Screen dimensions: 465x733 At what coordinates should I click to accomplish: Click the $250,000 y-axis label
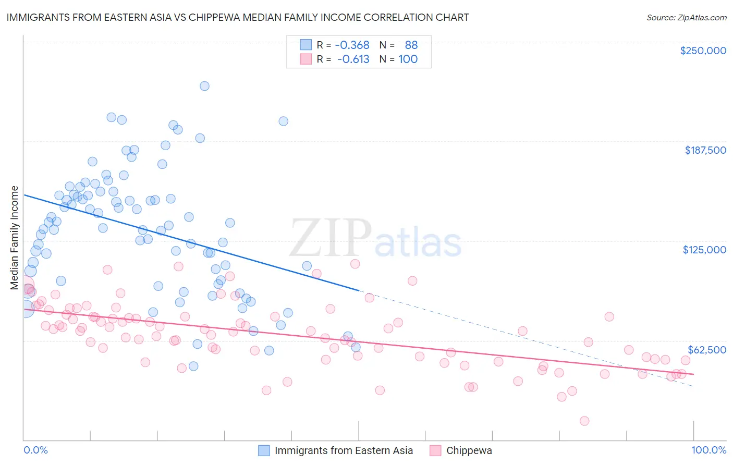[703, 51]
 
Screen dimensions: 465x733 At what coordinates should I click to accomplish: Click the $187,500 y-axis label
[705, 150]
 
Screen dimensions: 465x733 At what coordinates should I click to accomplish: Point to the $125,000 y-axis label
[704, 250]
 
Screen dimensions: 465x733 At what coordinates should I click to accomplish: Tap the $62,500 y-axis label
[706, 350]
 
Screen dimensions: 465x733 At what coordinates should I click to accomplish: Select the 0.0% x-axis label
[35, 450]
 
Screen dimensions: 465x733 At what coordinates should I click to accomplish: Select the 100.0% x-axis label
[708, 450]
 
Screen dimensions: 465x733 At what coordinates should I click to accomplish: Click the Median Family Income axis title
[14, 238]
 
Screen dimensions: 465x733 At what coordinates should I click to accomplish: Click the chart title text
[237, 17]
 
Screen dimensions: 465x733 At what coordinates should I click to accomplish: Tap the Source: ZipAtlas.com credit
[686, 17]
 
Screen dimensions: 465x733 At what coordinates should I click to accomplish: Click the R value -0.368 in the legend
[352, 45]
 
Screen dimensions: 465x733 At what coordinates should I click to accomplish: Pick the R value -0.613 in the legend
[353, 59]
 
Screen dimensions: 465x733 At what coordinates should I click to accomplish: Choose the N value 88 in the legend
[411, 45]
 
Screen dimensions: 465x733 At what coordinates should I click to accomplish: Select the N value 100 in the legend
[408, 59]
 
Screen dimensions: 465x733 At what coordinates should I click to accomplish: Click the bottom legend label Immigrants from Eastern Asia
[344, 450]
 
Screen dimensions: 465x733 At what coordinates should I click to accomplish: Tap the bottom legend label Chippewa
[469, 450]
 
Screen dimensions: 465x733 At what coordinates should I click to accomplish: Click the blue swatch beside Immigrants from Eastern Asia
[264, 450]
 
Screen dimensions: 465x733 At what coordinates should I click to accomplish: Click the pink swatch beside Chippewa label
[435, 450]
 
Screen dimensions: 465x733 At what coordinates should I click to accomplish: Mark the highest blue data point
[204, 86]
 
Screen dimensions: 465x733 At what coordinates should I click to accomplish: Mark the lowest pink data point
[584, 421]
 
